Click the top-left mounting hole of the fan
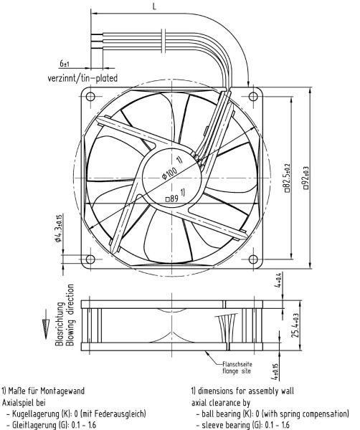point(90,96)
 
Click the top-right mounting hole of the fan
point(253,96)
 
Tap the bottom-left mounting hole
point(90,259)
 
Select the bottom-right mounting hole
point(253,259)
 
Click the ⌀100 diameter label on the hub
point(169,173)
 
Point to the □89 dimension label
point(172,199)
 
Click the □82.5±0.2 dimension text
point(287,178)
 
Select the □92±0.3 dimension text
point(305,178)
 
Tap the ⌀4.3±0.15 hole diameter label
point(58,228)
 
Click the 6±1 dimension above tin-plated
point(65,64)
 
